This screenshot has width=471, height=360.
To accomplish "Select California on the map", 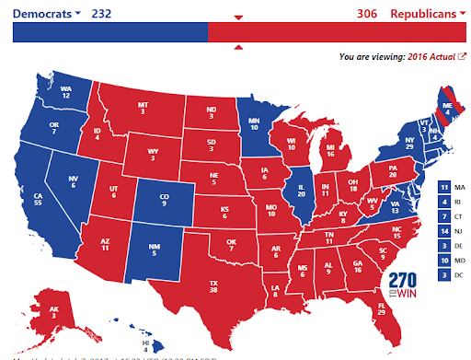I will (x=40, y=199).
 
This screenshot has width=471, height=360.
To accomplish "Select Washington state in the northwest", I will (x=65, y=91).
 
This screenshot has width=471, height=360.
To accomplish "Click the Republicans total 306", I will (x=369, y=14).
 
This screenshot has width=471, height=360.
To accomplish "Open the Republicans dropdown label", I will (x=424, y=14).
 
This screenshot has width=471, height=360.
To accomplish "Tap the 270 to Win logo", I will (x=401, y=284).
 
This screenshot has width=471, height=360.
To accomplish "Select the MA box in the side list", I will (x=444, y=189).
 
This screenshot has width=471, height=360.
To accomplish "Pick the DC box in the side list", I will (x=444, y=275).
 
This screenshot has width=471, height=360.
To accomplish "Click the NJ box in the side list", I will (x=444, y=232).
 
